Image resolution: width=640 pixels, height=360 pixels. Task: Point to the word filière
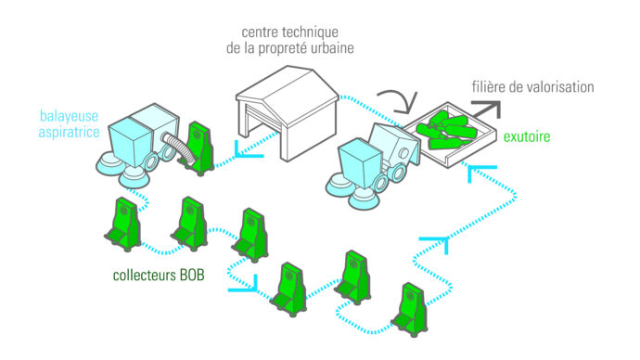(486, 87)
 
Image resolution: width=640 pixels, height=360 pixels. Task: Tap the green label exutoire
(527, 136)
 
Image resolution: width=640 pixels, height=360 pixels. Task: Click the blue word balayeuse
(69, 116)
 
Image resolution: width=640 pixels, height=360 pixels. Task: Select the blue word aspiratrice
(69, 132)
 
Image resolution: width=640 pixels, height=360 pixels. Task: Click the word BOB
(192, 275)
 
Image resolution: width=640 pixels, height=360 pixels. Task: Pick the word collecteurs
(145, 275)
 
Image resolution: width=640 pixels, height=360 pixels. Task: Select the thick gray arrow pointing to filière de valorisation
(487, 109)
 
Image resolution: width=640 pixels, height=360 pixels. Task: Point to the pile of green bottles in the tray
(446, 131)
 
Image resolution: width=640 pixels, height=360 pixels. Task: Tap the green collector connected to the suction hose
(198, 148)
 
